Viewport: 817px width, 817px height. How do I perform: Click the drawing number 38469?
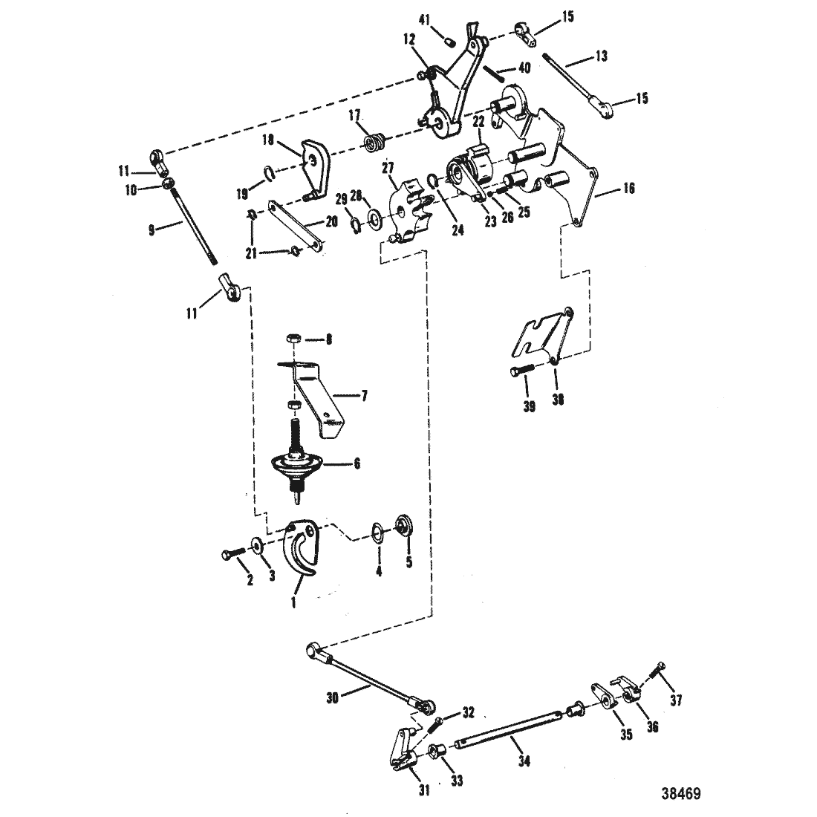(681, 793)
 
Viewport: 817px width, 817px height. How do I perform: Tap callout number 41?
(425, 20)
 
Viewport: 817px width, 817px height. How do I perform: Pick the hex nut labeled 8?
(292, 339)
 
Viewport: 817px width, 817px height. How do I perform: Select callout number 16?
(629, 188)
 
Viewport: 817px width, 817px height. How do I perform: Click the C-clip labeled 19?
(267, 173)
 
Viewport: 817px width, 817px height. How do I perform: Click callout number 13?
(602, 56)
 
